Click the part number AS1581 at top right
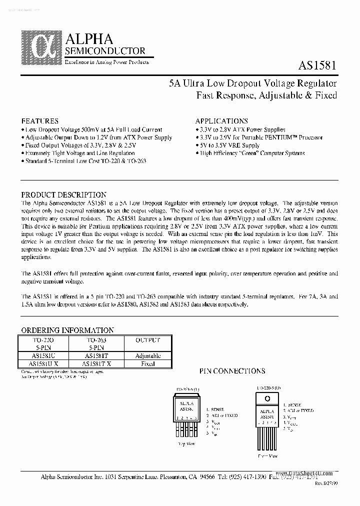point(318,66)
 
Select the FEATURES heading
point(40,121)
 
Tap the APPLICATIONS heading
point(221,121)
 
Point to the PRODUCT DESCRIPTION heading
point(63,195)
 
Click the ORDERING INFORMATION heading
point(67,330)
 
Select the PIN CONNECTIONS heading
point(232,371)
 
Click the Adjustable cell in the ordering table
point(147,355)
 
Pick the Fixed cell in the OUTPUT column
point(147,363)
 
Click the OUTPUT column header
point(147,339)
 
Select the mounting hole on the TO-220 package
point(267,398)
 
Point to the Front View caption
point(267,456)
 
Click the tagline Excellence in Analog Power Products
point(106,61)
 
